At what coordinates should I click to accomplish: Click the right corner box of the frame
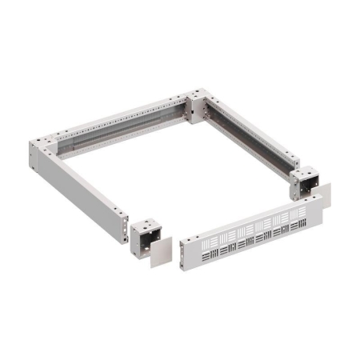(x=305, y=183)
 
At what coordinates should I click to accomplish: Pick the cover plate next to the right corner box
(x=323, y=196)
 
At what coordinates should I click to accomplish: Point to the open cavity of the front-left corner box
(x=144, y=238)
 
